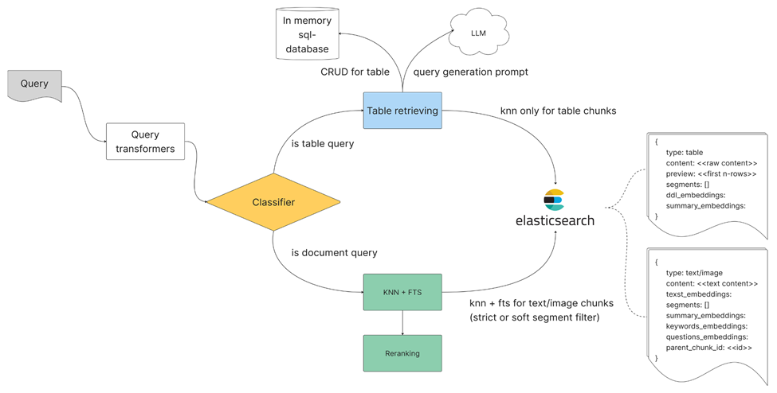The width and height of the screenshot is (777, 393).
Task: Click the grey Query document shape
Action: [34, 84]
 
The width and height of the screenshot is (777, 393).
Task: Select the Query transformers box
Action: [145, 141]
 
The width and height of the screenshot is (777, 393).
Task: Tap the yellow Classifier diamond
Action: [273, 202]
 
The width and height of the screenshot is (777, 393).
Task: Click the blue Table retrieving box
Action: [402, 111]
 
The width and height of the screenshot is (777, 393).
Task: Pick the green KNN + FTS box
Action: [402, 293]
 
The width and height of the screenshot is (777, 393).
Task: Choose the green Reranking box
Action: [402, 353]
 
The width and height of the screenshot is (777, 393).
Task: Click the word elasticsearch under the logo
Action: [554, 220]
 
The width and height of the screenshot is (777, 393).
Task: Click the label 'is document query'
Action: [334, 252]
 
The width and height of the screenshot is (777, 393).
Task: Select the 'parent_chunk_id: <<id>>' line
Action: [708, 347]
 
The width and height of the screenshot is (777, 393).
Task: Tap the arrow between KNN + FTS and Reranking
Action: [402, 322]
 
